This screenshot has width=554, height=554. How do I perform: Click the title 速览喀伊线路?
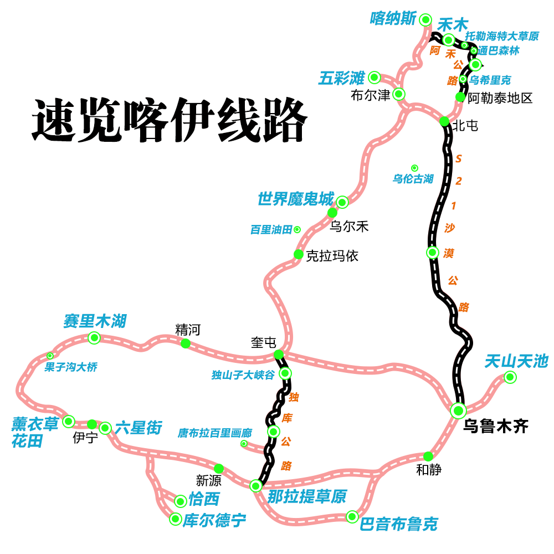pos(169,120)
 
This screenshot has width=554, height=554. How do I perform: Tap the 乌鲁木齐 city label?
pos(496,426)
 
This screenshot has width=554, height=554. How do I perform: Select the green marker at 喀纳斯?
pos(425,20)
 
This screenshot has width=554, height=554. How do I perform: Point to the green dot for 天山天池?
pos(510,378)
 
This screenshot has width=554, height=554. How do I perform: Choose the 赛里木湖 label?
pos(95,321)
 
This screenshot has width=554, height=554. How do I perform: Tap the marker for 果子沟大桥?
pos(50,356)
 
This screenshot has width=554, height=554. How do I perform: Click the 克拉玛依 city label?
pos(332,255)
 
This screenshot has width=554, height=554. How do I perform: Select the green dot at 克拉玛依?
pos(298,254)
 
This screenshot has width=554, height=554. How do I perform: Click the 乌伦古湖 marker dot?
pos(414,168)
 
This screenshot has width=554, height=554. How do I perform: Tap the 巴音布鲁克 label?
pos(399,524)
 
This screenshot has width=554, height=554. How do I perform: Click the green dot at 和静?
pos(428,456)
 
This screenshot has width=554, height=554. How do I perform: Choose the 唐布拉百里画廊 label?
pos(215,433)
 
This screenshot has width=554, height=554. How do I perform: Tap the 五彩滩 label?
pos(341,78)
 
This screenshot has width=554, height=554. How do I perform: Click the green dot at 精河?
pos(186,343)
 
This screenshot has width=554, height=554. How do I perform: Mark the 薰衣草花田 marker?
pos(69,422)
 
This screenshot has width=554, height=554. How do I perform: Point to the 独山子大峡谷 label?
pos(243,375)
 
